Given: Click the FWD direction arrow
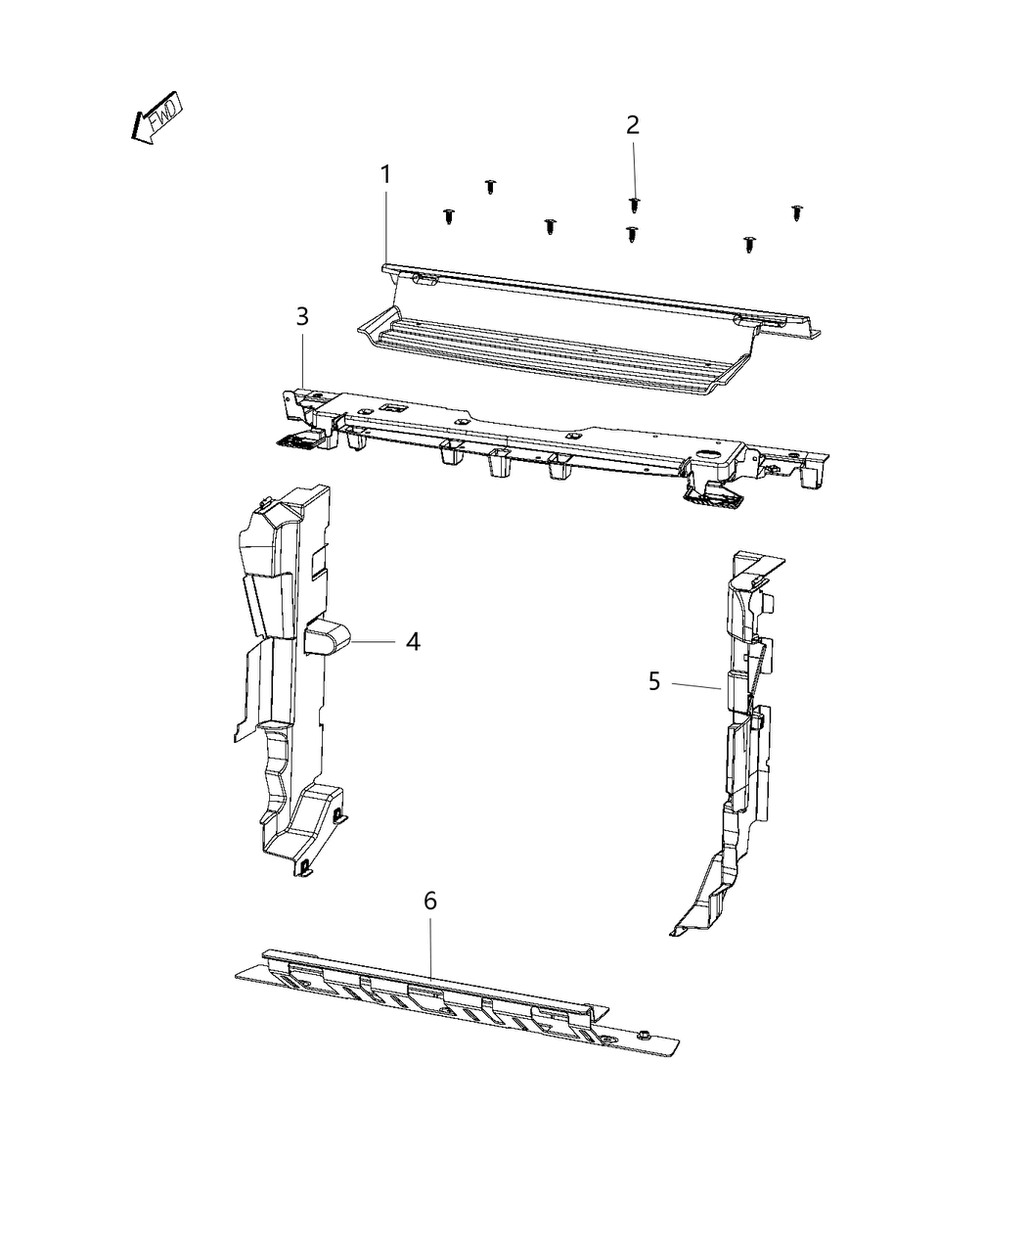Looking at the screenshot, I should point(156,120).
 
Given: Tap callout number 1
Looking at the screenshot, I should point(385,175).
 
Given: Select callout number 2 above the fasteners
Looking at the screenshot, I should point(633,124).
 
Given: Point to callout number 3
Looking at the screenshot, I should point(302,316).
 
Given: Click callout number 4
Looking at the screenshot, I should point(413,642).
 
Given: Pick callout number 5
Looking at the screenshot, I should point(654,680).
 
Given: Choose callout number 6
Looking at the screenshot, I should point(430,901).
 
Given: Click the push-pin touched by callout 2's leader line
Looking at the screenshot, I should point(634,204).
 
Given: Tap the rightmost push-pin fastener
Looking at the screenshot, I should point(798,211).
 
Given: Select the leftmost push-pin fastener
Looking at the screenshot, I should point(449,216).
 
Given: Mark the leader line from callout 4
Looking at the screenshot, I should point(373,642).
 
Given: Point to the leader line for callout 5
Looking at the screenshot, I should point(696,686).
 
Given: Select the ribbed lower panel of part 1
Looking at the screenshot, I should point(548,352).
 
